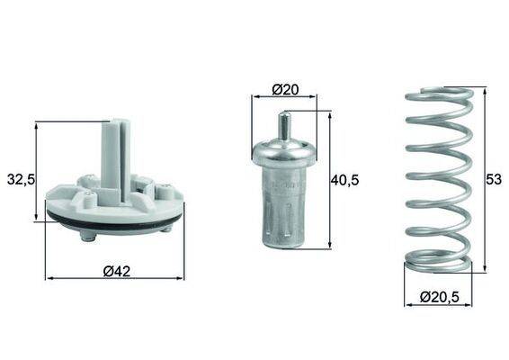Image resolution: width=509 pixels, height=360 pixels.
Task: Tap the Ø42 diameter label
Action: (116, 269)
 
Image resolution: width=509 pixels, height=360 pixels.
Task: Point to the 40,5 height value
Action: (344, 180)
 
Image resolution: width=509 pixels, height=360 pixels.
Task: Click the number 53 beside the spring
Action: (494, 179)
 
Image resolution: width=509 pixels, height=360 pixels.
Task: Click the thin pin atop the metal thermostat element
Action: (283, 124)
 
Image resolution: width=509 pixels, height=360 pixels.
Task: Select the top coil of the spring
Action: (438, 94)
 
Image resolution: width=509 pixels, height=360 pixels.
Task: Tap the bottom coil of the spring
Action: (438, 263)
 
